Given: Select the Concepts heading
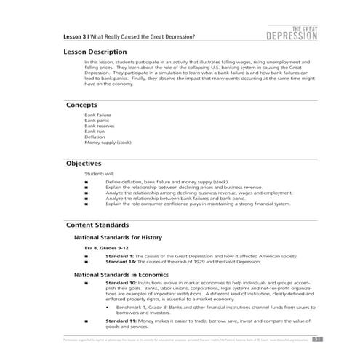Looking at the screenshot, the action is click(x=82, y=105).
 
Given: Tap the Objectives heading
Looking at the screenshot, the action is click(x=84, y=164).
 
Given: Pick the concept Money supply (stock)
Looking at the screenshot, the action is click(x=108, y=143).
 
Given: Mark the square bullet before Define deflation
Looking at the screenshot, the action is click(x=87, y=182).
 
